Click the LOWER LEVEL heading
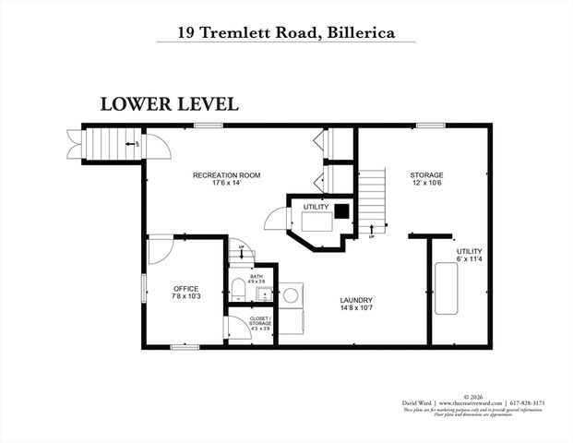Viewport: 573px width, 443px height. point(169,103)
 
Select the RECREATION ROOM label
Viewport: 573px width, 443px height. point(226,179)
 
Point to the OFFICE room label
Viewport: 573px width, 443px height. point(186,293)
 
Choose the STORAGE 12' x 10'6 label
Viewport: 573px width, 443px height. point(427,179)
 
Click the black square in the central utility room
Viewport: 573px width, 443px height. point(341,210)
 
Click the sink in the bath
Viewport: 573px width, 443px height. point(263,295)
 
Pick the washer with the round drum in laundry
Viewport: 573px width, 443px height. point(291,295)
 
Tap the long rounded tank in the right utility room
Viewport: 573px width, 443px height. point(448,289)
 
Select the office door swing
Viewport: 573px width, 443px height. point(160,249)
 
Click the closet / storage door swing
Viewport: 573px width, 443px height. point(239,329)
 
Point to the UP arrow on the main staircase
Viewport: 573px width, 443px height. point(371,231)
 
